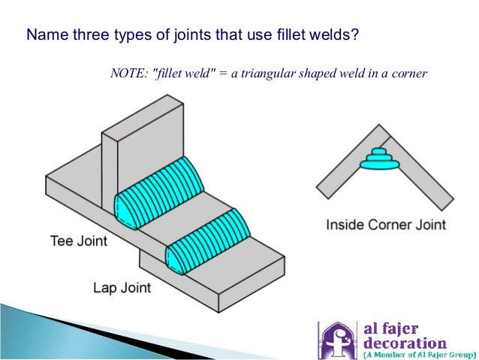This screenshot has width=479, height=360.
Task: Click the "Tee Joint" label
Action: (x=78, y=242)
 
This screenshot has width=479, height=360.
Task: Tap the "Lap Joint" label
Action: (x=122, y=287)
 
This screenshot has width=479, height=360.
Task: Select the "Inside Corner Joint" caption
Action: (x=386, y=224)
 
